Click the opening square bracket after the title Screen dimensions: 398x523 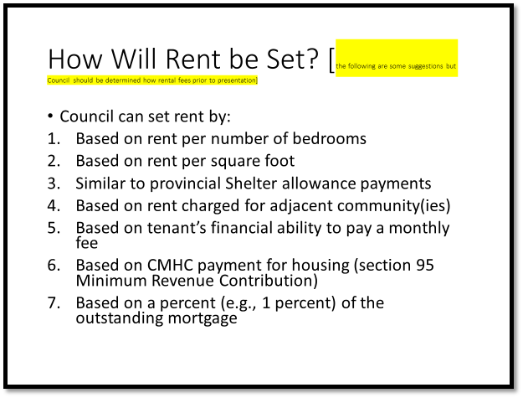pyautogui.click(x=331, y=60)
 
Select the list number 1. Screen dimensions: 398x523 pyautogui.click(x=52, y=139)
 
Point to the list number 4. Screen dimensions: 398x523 pyautogui.click(x=52, y=204)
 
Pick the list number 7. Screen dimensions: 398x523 pyautogui.click(x=52, y=302)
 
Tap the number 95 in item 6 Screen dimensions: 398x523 pyautogui.click(x=424, y=265)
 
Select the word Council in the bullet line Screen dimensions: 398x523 pyautogui.click(x=90, y=116)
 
